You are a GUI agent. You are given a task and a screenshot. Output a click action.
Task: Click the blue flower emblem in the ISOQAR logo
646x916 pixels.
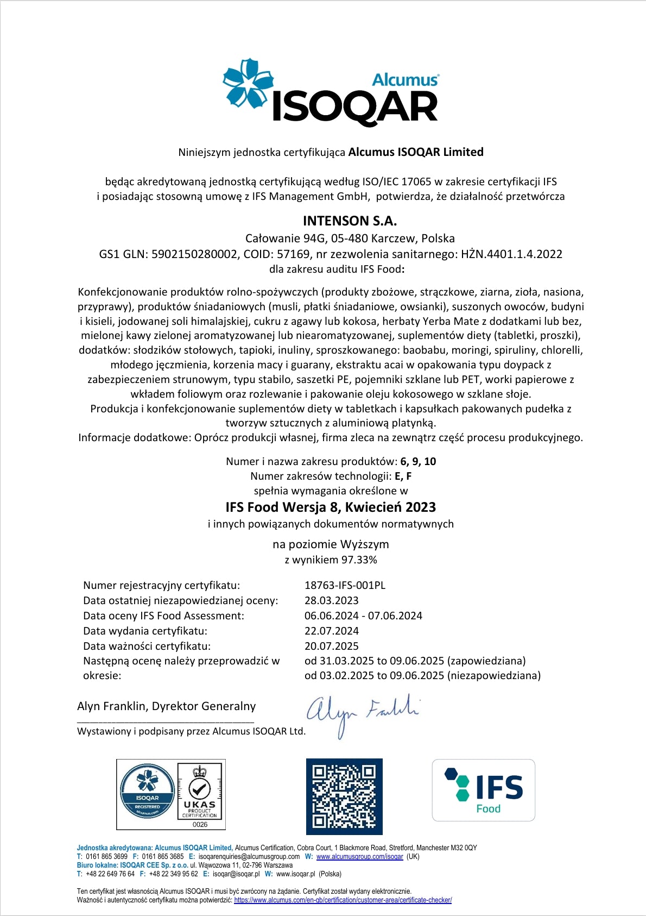[248, 84]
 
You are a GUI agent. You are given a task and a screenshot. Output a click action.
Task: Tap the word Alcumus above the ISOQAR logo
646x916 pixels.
[404, 80]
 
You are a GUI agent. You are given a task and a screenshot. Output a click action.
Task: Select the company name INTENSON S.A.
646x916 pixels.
[350, 221]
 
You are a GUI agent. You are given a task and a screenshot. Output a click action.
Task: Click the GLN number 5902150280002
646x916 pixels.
[194, 254]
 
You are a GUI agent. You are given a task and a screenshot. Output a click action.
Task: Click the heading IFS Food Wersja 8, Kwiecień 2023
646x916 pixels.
[331, 507]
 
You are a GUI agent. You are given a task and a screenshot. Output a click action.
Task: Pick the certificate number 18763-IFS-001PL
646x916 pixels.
[345, 585]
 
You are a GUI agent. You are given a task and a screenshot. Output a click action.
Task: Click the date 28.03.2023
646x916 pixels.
[331, 600]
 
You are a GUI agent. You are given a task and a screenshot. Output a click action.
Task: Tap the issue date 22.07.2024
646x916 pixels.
[331, 631]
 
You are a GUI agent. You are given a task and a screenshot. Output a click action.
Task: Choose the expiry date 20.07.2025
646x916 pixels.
[331, 646]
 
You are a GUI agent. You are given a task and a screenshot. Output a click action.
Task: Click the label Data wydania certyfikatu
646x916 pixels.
[145, 631]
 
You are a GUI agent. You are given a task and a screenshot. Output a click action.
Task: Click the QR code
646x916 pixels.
[344, 796]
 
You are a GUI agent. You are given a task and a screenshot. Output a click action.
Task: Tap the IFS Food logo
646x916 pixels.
[483, 790]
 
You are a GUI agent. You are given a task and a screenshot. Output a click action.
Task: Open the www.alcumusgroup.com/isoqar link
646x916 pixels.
[359, 857]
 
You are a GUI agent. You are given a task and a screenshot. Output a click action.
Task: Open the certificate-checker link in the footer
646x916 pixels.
[343, 900]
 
